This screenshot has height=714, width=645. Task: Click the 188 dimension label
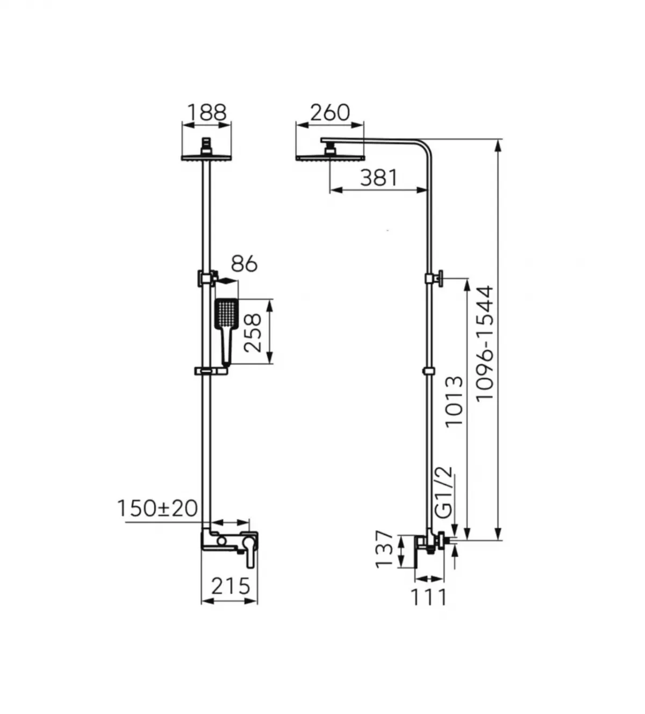[x=207, y=112]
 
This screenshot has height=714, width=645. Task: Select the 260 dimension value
[x=329, y=112]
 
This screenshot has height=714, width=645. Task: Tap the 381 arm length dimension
[x=378, y=178]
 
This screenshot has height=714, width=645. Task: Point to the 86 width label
[x=244, y=264]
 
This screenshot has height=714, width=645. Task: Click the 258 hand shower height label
[x=253, y=333]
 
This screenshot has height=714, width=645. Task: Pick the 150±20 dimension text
[x=157, y=508]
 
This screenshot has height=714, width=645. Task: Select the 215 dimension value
[x=231, y=586]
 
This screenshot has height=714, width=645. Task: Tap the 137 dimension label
[x=384, y=549]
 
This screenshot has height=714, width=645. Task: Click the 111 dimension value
[x=429, y=597]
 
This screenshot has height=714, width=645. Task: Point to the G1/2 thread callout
[x=444, y=493]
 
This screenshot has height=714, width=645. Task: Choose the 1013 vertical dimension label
[x=454, y=401]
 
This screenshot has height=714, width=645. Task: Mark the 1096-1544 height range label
[x=485, y=343]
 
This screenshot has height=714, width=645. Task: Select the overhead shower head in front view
[x=206, y=157]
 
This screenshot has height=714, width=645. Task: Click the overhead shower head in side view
[x=329, y=158]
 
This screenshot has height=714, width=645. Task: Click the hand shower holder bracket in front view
[x=205, y=278]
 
